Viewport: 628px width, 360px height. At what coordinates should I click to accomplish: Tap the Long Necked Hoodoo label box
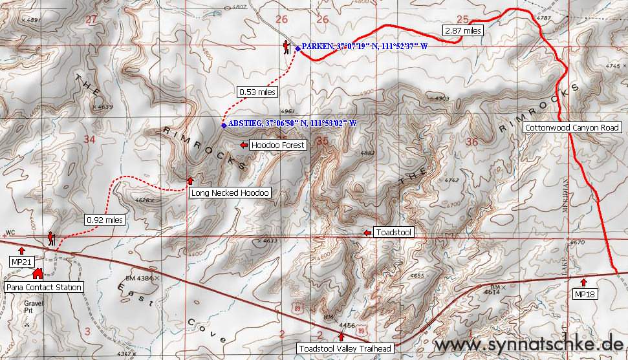click(x=229, y=193)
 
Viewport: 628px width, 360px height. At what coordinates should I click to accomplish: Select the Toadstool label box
click(x=394, y=233)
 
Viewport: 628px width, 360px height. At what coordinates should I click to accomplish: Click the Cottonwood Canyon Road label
click(x=572, y=128)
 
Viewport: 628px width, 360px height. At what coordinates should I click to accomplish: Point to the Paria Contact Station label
click(x=44, y=287)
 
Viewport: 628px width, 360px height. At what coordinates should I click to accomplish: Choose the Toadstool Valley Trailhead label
click(x=344, y=349)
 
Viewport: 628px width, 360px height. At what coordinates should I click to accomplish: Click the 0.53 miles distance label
click(x=257, y=92)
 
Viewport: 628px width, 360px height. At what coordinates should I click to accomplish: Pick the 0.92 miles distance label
click(x=104, y=220)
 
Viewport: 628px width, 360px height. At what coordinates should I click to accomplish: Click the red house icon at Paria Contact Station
click(x=37, y=274)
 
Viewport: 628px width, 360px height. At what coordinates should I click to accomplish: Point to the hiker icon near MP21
click(x=50, y=239)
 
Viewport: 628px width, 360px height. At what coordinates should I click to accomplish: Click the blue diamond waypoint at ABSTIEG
click(x=224, y=125)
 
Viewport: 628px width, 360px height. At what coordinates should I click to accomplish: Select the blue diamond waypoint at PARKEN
click(x=298, y=48)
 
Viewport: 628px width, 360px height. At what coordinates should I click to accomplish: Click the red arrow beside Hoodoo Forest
click(x=243, y=145)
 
